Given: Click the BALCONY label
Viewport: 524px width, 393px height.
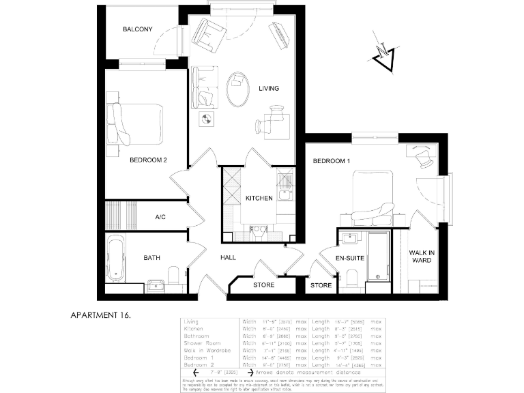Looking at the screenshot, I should point(137,29).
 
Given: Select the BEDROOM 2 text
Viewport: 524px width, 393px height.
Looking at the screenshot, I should point(148,160).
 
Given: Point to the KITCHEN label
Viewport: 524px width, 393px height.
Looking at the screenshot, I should point(259,198).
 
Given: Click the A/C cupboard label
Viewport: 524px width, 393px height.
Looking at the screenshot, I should point(160,217).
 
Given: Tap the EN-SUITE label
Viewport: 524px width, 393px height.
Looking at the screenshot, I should point(351,258).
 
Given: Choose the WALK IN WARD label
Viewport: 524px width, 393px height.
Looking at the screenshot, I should point(420,256).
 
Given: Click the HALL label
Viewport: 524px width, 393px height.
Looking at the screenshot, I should point(228,258).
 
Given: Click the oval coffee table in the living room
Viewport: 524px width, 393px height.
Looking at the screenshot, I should point(238,89).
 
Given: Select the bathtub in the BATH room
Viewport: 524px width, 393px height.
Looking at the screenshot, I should point(115,259).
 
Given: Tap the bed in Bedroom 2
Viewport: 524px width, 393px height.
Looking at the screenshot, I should point(139,124).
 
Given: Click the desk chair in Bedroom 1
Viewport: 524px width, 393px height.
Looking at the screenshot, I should point(424,159).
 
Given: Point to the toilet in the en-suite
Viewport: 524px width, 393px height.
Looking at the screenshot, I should point(352,278).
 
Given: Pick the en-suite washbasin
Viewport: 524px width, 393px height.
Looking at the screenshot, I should point(350,238).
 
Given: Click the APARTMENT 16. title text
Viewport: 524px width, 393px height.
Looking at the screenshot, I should point(100,315).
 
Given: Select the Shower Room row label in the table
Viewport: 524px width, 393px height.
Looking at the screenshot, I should point(203,343).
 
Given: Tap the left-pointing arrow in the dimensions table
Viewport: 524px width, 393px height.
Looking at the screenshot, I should point(196,373).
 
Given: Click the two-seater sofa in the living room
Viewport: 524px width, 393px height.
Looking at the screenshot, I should point(203,87).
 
